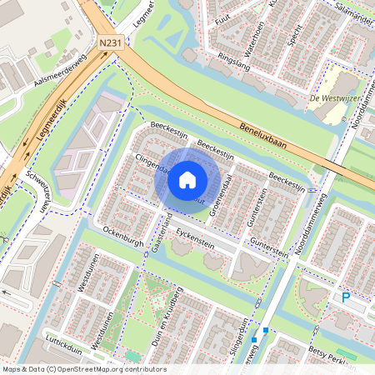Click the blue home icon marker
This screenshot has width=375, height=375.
tap(187, 179)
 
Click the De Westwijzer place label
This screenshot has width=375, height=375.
tap(334, 98)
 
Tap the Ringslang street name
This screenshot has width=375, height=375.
tap(234, 60)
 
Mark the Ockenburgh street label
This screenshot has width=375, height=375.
tap(123, 233)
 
